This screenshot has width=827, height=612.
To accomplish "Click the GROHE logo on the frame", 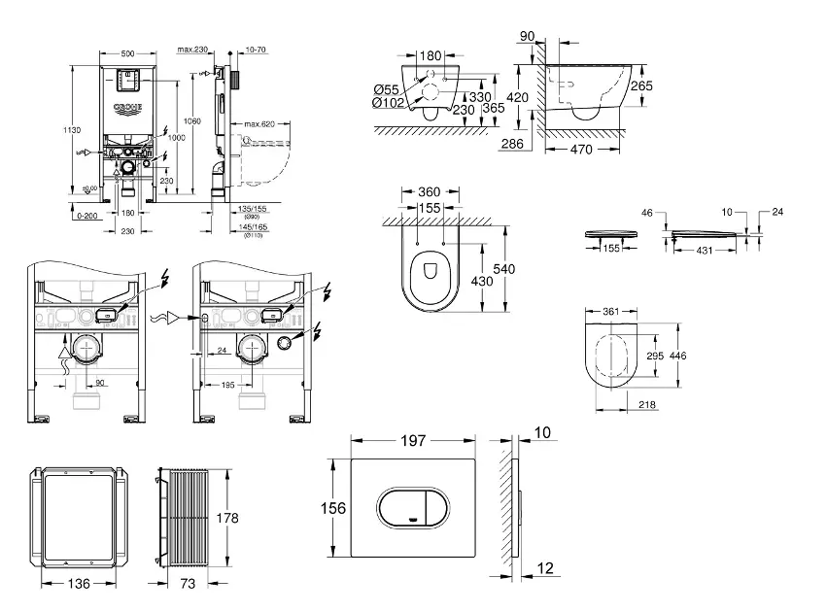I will point(127,106).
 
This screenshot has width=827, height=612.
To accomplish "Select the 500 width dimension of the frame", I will point(127,51).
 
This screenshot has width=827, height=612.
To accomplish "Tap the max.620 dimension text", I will point(259,123).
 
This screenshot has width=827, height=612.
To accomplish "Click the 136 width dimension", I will point(78,585).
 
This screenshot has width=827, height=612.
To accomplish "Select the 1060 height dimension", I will point(192,119).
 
